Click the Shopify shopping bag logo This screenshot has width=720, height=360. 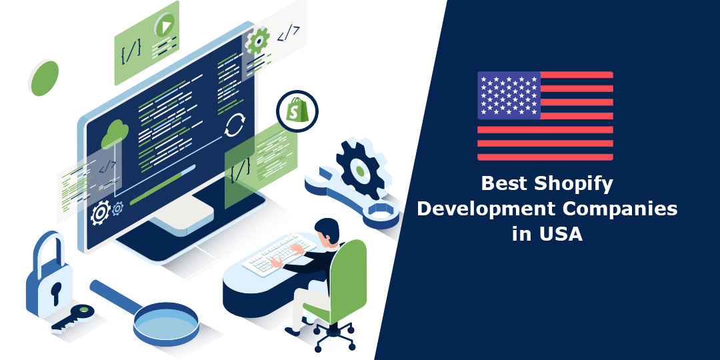click(x=297, y=111)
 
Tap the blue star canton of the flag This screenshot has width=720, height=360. click(x=509, y=95)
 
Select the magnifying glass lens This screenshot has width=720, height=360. click(x=165, y=321)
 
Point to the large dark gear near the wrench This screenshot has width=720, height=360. click(x=361, y=171)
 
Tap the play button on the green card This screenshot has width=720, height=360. click(x=164, y=27)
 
